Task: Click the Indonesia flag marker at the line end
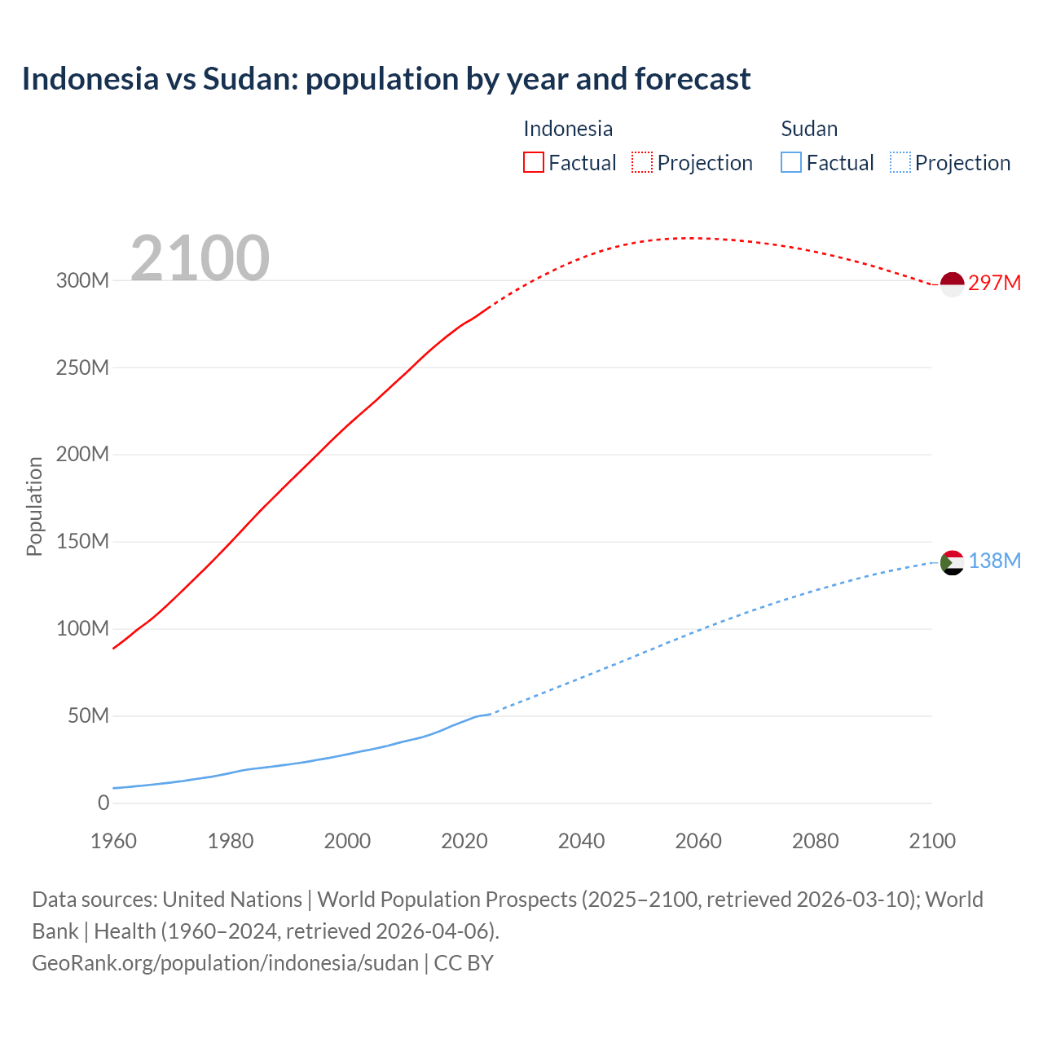click(952, 284)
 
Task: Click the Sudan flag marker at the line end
click(952, 562)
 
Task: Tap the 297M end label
click(994, 283)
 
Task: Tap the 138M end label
click(994, 561)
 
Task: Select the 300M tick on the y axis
click(82, 280)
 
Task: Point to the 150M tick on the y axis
click(82, 542)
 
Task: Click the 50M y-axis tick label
click(88, 716)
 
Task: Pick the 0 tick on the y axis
click(103, 803)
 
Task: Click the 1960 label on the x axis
click(113, 841)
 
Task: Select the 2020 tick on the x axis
click(464, 841)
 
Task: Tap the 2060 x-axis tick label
click(698, 841)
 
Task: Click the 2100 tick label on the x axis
click(932, 841)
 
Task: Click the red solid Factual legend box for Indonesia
click(533, 162)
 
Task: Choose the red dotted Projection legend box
click(642, 162)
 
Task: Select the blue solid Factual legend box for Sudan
click(791, 162)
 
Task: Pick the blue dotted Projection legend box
click(900, 162)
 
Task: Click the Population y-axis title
click(34, 506)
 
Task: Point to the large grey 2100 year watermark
click(200, 257)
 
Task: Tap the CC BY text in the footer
click(464, 963)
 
